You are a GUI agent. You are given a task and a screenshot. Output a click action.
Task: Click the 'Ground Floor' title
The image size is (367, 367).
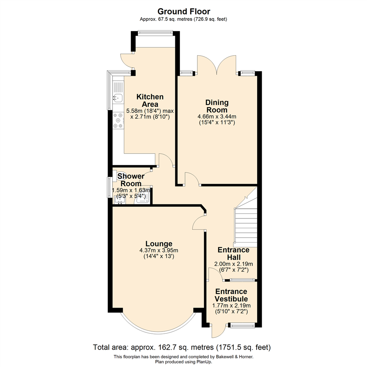point(183,12)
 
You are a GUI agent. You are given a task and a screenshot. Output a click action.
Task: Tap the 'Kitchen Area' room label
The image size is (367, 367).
point(148,100)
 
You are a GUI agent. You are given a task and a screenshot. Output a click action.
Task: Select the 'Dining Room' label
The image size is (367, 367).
point(216,106)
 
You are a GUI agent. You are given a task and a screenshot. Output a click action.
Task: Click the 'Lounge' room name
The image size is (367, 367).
point(159,244)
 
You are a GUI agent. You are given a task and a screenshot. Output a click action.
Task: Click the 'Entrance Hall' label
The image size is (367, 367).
point(233,253)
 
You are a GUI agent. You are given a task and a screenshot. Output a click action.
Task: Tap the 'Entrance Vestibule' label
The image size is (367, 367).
point(231,295)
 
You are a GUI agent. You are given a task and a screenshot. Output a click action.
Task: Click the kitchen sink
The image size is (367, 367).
point(118,98)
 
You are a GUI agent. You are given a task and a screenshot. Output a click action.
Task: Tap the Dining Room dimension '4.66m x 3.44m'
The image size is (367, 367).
point(216,117)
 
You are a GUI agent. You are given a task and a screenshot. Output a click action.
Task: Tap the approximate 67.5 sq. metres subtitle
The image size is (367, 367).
point(183,19)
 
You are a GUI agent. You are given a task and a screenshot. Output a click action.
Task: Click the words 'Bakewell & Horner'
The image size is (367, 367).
point(237,356)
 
